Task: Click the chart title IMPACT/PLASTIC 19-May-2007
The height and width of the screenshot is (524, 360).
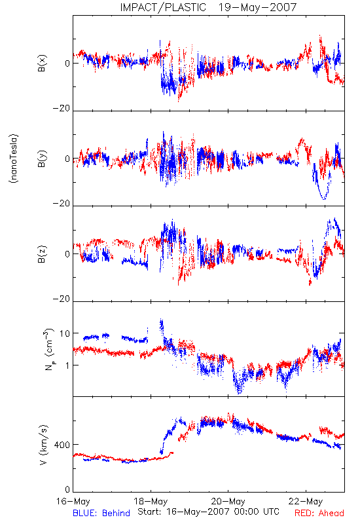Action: (208, 7)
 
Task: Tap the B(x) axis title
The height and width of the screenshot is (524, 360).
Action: (42, 63)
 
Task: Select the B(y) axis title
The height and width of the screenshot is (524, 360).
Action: (42, 159)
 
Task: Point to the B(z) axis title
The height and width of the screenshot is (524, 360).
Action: (42, 254)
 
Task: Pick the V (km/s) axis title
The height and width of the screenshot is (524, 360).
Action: (43, 445)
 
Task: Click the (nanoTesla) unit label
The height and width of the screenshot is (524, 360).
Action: (14, 159)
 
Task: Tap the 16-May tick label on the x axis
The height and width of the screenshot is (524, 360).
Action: (73, 501)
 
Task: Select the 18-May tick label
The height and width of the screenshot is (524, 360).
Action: (151, 501)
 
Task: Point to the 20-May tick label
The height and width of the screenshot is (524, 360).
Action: (228, 501)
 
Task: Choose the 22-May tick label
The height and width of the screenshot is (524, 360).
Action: (306, 501)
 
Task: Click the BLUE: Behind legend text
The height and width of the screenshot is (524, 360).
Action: (101, 513)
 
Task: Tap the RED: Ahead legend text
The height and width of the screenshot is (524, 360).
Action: (319, 513)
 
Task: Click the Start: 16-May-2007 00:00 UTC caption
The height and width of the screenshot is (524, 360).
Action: (208, 512)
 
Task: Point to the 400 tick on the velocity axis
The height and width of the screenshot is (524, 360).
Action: (62, 445)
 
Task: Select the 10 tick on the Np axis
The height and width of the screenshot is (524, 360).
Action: (65, 333)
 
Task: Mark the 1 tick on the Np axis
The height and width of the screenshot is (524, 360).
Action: (68, 365)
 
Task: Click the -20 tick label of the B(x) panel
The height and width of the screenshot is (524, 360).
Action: (62, 108)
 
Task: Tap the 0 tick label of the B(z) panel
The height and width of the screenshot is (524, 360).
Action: (68, 254)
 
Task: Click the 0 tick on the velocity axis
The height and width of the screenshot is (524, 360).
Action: (68, 490)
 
